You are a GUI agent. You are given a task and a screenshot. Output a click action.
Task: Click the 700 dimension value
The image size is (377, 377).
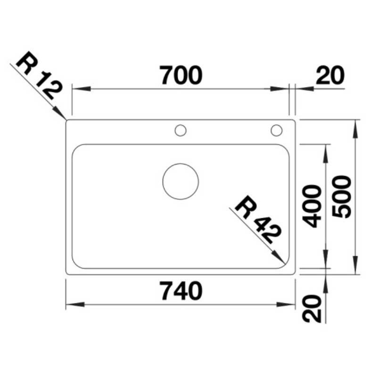point(181,75)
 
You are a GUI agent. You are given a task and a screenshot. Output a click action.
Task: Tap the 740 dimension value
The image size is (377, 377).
point(181,291)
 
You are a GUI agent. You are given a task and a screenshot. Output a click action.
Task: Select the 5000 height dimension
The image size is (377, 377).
point(341,197)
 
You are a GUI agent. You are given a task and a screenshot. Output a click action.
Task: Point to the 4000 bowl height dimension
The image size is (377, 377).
point(312,206)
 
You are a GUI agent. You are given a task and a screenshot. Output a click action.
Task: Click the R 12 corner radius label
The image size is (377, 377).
point(39,75)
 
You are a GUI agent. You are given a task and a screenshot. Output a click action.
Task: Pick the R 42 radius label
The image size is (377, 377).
point(258,220)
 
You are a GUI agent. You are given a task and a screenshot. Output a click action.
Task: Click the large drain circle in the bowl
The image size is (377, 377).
point(180,181)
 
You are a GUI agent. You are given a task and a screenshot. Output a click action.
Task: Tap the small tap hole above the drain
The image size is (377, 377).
point(180,131)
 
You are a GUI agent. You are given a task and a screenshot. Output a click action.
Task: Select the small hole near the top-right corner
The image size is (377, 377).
point(277,131)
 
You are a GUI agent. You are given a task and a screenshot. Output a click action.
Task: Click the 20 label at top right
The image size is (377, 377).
point(330,75)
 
